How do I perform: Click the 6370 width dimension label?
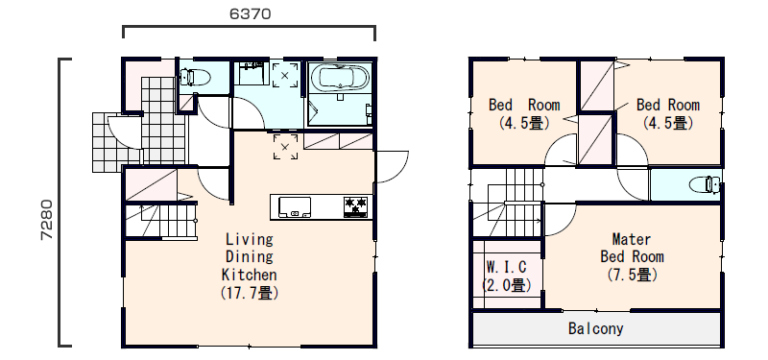tap(250, 13)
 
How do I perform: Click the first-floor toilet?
tap(195, 78)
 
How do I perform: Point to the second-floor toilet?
tap(705, 184)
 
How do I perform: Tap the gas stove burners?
tap(355, 206)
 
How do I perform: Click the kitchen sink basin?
tap(295, 206)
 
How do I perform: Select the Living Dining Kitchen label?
tap(250, 256)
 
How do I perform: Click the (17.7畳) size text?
tap(250, 293)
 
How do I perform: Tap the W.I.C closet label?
tap(507, 267)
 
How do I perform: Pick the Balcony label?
tap(595, 328)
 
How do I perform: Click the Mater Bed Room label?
tap(632, 248)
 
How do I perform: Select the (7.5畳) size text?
tap(633, 275)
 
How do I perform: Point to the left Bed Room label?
tap(524, 105)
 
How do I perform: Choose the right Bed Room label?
tap(668, 105)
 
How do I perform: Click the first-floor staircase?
tap(161, 221)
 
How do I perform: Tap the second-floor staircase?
tap(507, 203)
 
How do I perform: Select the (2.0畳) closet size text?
tap(507, 285)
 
